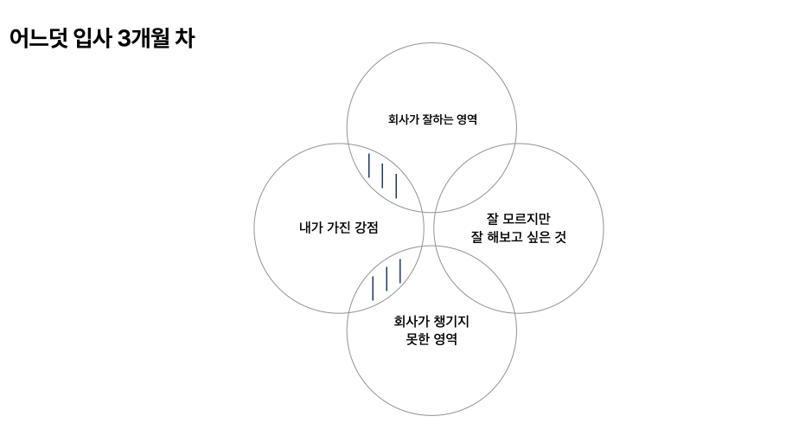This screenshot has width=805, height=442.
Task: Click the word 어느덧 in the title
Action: pyautogui.click(x=39, y=39)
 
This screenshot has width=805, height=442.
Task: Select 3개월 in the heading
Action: pyautogui.click(x=144, y=39)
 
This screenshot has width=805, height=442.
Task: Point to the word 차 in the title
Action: pyautogui.click(x=185, y=39)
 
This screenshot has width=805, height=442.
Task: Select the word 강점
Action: pyautogui.click(x=367, y=227)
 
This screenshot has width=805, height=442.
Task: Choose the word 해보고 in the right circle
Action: pyautogui.click(x=505, y=237)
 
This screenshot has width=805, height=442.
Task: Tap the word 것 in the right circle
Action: pyautogui.click(x=560, y=237)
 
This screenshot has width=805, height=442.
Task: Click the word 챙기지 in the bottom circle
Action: pyautogui.click(x=451, y=322)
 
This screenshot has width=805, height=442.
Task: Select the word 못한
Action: pyautogui.click(x=418, y=339)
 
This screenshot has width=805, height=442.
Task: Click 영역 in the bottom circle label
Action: pyautogui.click(x=445, y=339)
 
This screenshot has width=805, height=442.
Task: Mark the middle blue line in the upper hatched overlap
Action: pyautogui.click(x=382, y=176)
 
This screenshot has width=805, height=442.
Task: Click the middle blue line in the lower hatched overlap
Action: pyautogui.click(x=387, y=279)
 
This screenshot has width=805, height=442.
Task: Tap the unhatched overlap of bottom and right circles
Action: pyautogui.click(x=476, y=280)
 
